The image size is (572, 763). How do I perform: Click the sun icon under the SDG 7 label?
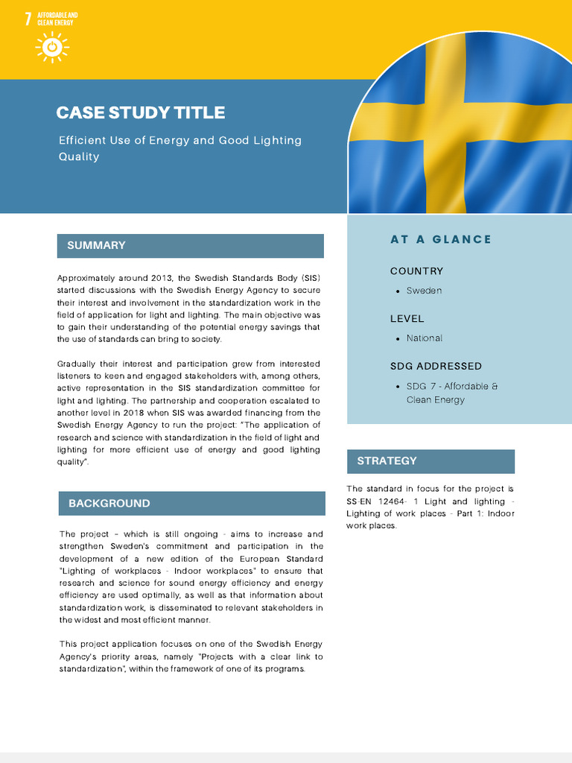tap(51, 47)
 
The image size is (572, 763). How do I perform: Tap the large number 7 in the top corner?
tap(28, 19)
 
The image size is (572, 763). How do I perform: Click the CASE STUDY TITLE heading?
tap(140, 113)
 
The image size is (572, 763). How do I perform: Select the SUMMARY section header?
tap(96, 245)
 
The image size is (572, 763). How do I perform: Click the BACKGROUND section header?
tap(109, 503)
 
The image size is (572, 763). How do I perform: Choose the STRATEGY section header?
tap(387, 460)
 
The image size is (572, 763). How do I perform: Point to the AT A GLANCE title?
tap(441, 239)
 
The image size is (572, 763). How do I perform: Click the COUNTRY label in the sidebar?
tap(416, 271)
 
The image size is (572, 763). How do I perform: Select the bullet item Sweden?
tap(424, 291)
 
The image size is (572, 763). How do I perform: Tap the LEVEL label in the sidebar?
tap(407, 319)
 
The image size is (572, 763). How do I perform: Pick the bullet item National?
tap(424, 338)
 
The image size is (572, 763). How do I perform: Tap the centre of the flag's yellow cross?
tap(445, 122)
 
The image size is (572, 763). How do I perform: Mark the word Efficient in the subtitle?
tap(83, 140)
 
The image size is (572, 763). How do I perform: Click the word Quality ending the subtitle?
tap(79, 156)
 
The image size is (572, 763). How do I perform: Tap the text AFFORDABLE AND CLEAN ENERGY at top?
tap(57, 19)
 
